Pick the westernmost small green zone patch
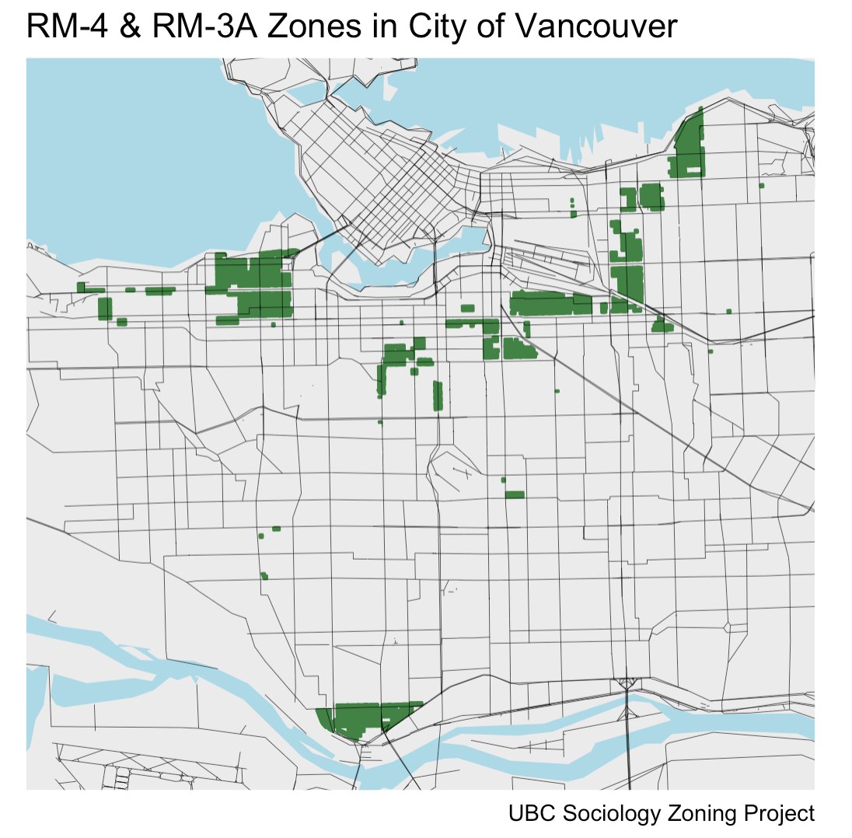tap(80, 287)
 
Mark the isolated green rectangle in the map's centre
tap(514, 494)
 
